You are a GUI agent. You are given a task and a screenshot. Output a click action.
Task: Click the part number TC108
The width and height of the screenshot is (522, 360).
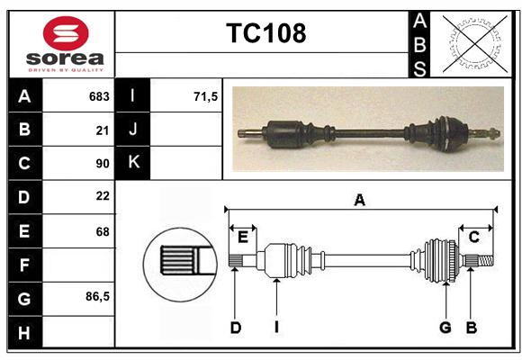266,33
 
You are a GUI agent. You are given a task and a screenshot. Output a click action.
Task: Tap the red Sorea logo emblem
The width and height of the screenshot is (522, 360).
66,33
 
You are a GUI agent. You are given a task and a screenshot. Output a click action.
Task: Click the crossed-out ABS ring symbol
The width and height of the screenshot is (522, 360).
474,43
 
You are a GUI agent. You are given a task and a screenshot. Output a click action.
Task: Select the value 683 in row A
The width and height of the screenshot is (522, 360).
99,96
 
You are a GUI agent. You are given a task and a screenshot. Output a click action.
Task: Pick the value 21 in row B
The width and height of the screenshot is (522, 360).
103,130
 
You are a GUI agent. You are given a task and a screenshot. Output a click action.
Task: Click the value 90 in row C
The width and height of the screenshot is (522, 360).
103,164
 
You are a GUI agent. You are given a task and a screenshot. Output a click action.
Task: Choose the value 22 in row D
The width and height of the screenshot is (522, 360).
103,196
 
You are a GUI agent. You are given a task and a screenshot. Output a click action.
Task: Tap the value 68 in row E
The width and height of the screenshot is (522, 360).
103,231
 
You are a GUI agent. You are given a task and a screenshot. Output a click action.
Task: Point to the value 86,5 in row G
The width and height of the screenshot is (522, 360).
97,296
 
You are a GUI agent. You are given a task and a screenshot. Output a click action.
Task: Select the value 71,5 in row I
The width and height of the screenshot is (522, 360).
205,96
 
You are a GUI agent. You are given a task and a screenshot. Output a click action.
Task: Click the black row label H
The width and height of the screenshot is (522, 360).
25,332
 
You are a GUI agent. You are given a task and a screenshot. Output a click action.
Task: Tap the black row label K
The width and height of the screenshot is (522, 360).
133,163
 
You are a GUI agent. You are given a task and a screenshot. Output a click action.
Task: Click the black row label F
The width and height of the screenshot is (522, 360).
25,265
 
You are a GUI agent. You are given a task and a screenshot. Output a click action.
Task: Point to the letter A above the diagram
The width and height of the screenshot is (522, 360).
360,200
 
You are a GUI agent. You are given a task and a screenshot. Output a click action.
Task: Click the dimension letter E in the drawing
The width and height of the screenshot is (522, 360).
243,238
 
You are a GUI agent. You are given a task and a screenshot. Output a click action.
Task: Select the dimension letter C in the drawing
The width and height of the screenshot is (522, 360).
474,237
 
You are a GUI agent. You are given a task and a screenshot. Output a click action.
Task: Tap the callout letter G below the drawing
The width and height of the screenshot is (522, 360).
445,328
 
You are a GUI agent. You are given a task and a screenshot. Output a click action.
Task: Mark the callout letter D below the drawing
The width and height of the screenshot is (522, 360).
236,328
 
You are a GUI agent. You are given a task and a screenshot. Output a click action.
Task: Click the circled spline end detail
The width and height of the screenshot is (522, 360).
180,265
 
